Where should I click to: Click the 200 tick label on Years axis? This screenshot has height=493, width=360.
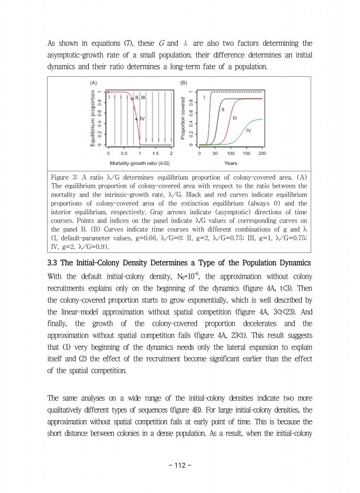[262, 154]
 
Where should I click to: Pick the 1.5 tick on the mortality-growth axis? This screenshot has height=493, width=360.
[156, 154]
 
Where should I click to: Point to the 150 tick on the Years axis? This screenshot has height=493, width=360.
[247, 154]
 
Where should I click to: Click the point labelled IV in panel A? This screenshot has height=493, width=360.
[136, 119]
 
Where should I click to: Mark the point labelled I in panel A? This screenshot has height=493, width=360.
[108, 92]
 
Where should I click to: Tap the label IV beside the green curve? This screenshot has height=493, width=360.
[248, 130]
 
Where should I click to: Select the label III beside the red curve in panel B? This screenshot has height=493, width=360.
[235, 118]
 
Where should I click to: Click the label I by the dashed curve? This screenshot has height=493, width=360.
[204, 96]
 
